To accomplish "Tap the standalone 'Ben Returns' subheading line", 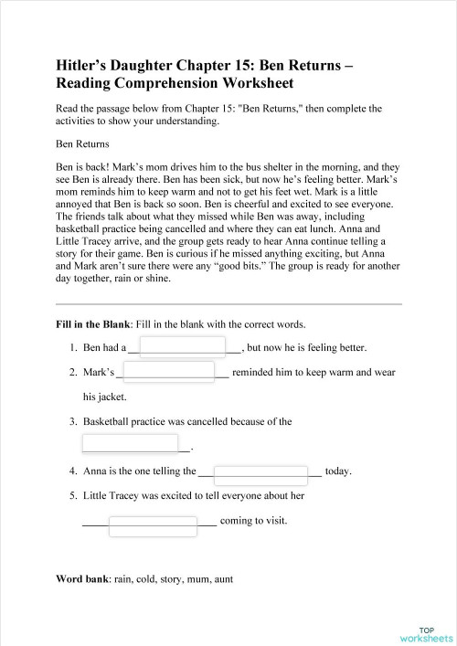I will point(82,143).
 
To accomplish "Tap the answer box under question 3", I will point(130,444).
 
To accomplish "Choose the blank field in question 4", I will point(260,473).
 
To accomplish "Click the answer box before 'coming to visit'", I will point(153,524).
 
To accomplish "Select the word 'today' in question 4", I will point(337,471).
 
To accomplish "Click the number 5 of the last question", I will point(72,496).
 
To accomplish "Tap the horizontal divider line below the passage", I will point(228,303).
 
